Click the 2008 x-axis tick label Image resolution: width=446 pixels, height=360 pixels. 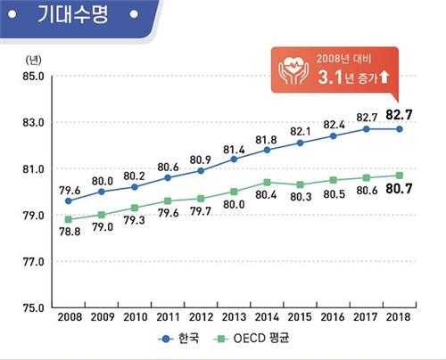tap(69, 316)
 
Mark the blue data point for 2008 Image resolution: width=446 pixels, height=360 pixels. tap(69, 200)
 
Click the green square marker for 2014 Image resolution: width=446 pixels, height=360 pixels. tap(267, 182)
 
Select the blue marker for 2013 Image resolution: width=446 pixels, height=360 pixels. tap(234, 159)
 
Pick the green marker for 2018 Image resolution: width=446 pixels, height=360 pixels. tap(399, 175)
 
